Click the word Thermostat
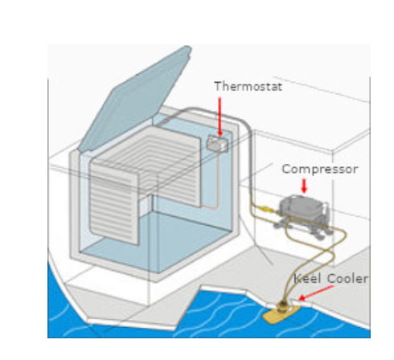[x=248, y=87]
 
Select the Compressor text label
[x=320, y=170]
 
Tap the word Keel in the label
[x=307, y=279]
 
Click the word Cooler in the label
[x=347, y=279]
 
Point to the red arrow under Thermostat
[x=220, y=117]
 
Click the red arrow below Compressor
[x=304, y=186]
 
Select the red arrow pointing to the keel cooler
[x=316, y=292]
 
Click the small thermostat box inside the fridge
[x=217, y=143]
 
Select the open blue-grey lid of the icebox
[x=135, y=99]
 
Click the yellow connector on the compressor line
[x=266, y=209]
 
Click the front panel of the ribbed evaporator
[x=114, y=203]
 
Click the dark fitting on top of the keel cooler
[x=283, y=306]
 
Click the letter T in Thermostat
[x=219, y=86]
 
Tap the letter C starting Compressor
[x=286, y=170]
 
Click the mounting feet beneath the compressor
[x=303, y=230]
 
